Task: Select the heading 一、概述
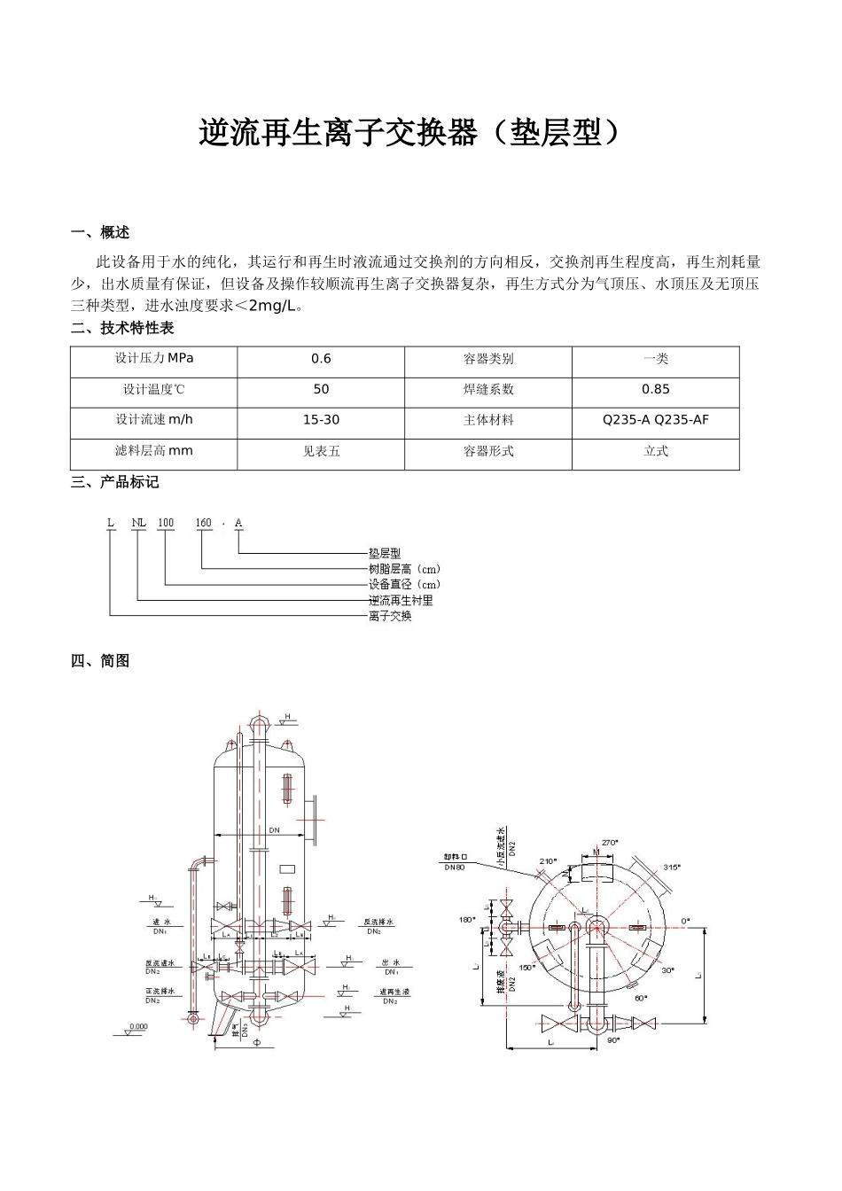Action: (x=100, y=233)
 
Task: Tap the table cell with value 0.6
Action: (x=321, y=359)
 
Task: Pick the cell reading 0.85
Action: (x=655, y=389)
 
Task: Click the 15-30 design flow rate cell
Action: (x=321, y=420)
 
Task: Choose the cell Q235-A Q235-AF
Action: (x=655, y=420)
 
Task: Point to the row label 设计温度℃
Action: (x=153, y=389)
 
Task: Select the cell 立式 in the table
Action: (x=655, y=451)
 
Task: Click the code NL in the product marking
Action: (x=138, y=523)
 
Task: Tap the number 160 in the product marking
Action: (x=203, y=523)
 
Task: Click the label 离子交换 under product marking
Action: (x=390, y=616)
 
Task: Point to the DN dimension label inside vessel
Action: (x=274, y=829)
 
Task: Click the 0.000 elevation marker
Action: (x=137, y=1027)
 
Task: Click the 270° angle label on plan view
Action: (x=609, y=843)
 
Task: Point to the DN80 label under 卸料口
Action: (x=455, y=868)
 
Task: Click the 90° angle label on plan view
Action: (x=612, y=1040)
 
